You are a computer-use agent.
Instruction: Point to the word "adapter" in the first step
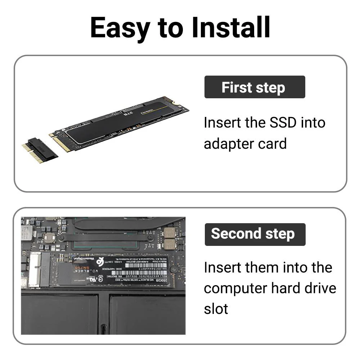tap(230, 144)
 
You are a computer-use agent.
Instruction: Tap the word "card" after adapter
tap(273, 144)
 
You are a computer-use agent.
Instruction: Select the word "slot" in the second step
tap(216, 309)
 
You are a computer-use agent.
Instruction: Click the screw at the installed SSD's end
tap(174, 269)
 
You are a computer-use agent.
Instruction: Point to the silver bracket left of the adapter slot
tap(35, 269)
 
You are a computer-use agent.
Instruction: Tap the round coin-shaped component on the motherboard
tap(49, 237)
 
